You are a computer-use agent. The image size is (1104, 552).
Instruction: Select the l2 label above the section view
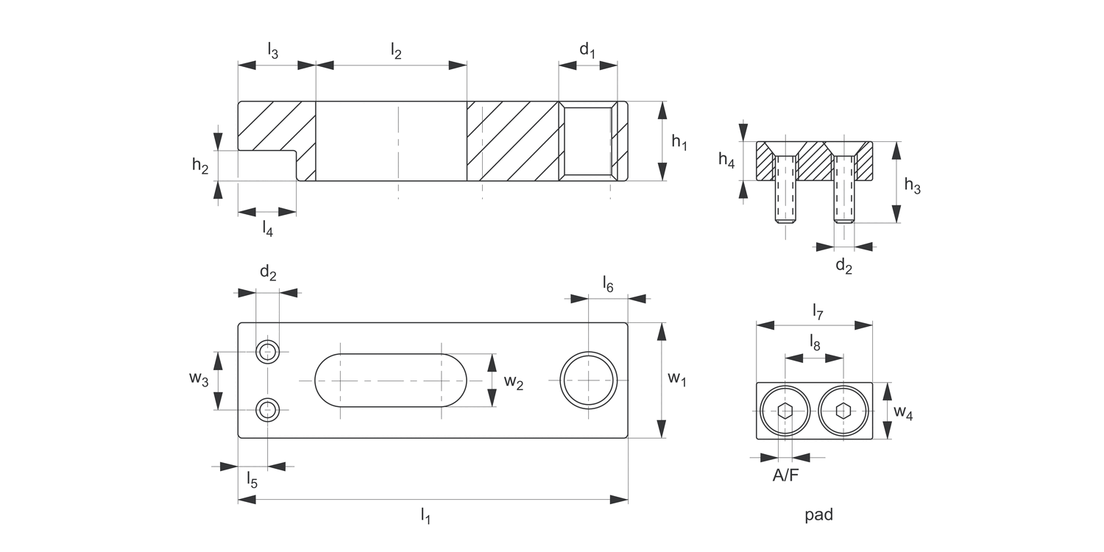click(x=396, y=52)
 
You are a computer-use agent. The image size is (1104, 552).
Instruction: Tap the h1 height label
click(x=679, y=143)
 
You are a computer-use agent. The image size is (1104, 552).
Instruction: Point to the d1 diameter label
click(x=587, y=50)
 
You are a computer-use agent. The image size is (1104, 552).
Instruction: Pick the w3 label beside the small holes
click(x=199, y=378)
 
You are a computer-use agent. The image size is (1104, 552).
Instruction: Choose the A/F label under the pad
click(x=785, y=475)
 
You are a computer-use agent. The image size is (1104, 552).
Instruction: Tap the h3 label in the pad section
click(x=912, y=186)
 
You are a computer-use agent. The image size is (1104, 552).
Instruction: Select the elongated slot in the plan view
click(x=391, y=380)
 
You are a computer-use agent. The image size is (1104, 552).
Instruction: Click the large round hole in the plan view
click(x=589, y=380)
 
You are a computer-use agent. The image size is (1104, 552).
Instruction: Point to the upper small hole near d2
click(x=268, y=352)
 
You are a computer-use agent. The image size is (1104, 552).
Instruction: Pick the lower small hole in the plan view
click(x=268, y=409)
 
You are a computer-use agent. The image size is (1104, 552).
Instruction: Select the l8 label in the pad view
click(x=815, y=342)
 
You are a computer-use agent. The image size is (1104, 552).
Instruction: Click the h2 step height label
click(x=200, y=166)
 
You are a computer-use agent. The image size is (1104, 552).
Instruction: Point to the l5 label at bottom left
click(x=251, y=481)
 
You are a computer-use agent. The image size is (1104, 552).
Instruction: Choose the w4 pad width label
click(x=903, y=414)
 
